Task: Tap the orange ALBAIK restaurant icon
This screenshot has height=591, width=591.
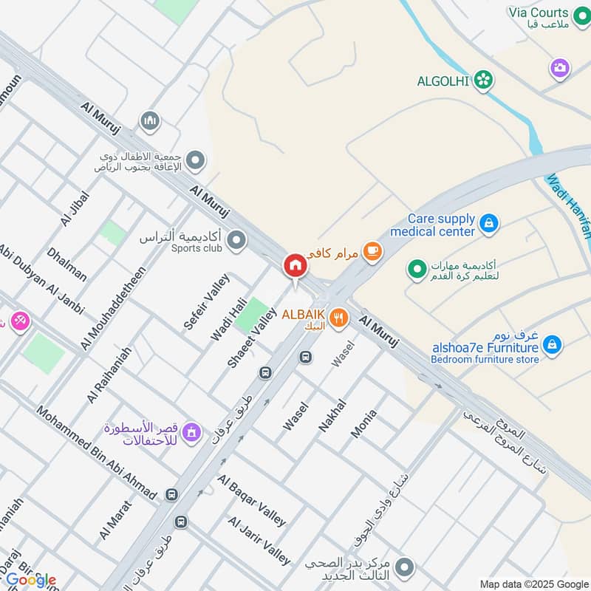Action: tap(339, 318)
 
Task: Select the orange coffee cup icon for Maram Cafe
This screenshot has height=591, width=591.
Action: tap(373, 252)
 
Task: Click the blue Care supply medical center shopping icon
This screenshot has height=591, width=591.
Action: tap(488, 222)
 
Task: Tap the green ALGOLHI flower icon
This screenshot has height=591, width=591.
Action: tap(484, 81)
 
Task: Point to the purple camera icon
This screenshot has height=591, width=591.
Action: tap(560, 68)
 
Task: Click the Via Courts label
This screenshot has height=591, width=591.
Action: tap(538, 13)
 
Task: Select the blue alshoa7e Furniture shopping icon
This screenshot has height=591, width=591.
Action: tap(551, 344)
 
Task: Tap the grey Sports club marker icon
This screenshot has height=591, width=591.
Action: tap(236, 239)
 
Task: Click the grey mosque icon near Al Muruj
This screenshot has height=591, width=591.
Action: tap(151, 120)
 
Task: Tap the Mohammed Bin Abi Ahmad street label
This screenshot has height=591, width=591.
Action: tap(96, 453)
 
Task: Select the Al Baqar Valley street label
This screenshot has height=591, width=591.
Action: tap(251, 500)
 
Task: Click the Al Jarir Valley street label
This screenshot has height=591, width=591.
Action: tap(259, 541)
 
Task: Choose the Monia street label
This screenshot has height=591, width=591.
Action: tap(363, 424)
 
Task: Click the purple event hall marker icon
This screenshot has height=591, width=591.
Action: tap(191, 431)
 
